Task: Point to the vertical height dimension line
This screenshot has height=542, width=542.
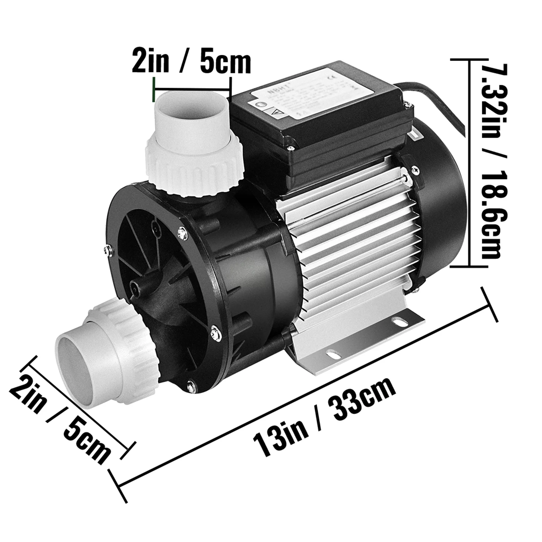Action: pos(470,163)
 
